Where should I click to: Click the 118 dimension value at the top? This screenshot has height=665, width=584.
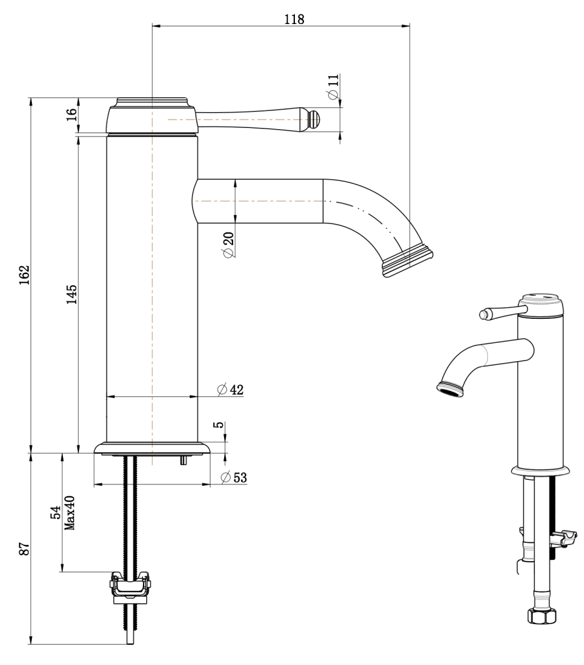294,18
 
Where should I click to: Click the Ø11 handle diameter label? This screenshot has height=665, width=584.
333,86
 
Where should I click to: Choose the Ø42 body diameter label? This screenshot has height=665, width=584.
230,389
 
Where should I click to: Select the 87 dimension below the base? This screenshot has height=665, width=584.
23,549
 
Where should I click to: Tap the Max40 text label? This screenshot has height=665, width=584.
70,513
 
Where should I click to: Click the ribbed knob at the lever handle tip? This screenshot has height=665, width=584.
314,119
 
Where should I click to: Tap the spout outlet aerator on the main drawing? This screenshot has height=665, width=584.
407,260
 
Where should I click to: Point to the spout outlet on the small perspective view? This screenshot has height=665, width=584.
450,388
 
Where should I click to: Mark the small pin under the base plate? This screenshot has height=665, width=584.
184,460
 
